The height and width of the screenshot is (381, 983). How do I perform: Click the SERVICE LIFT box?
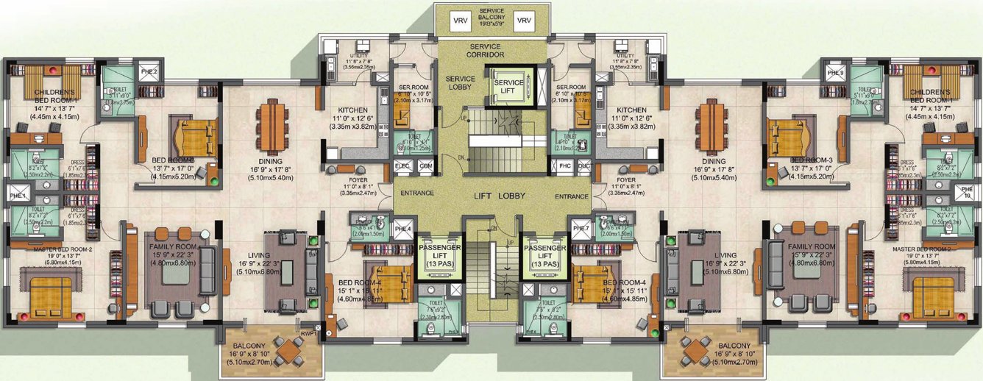508,87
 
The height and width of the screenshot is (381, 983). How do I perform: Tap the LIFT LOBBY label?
492,198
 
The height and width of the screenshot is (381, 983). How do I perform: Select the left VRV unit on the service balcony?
461,21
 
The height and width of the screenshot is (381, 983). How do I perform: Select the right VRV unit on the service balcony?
524,21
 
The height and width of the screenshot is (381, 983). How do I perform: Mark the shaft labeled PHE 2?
149,71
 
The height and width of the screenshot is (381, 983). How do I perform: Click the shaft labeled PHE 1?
18,196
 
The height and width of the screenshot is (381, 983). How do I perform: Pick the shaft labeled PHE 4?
402,229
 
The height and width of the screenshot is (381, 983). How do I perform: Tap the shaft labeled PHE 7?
581,229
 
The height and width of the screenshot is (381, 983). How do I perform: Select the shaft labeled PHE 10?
965,196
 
